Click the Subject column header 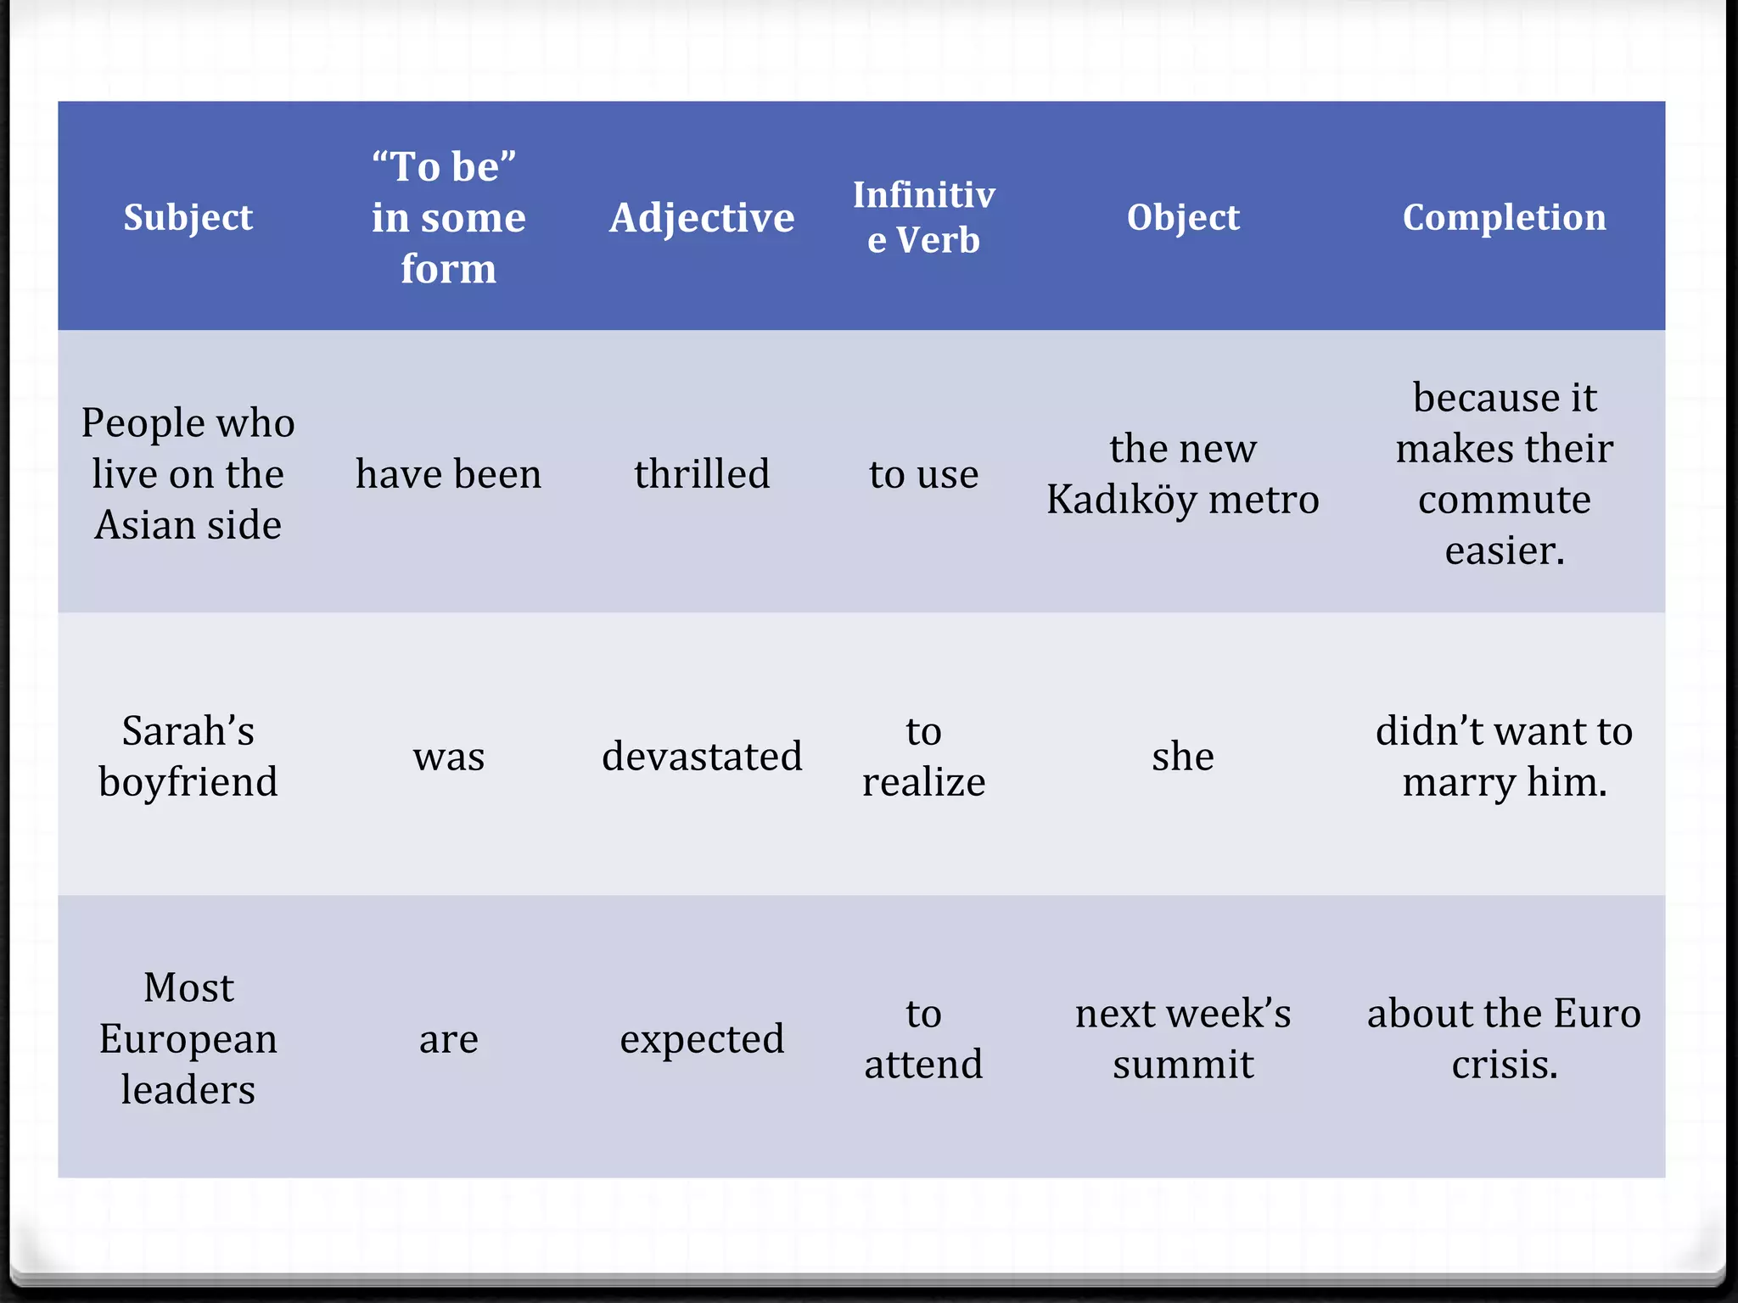tap(188, 217)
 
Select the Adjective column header tap(702, 217)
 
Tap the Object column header tap(1182, 217)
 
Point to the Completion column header tap(1504, 217)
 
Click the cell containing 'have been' tap(448, 473)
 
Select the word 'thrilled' tap(702, 473)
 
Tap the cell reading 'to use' tap(923, 473)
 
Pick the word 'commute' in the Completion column tap(1504, 500)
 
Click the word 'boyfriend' tap(188, 781)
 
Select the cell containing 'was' tap(448, 756)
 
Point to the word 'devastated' tap(702, 756)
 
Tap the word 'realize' tap(923, 781)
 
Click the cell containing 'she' tap(1182, 756)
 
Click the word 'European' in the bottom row tap(188, 1039)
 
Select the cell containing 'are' tap(448, 1039)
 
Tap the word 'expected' tap(702, 1039)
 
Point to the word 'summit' tap(1182, 1065)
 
